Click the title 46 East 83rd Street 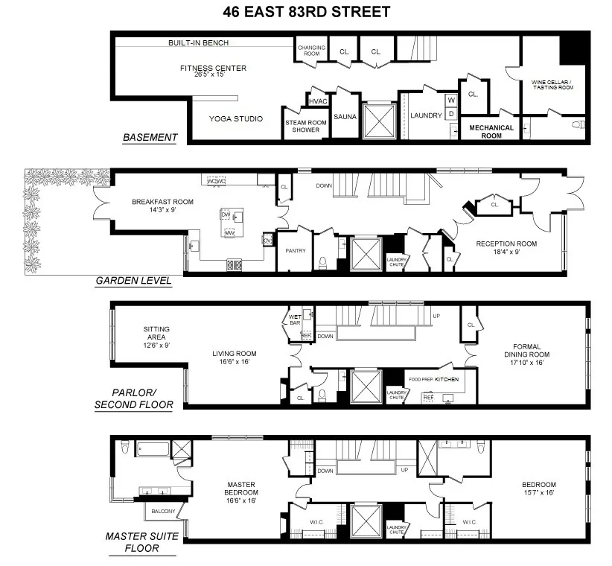click(x=306, y=12)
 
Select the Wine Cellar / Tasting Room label click(x=552, y=84)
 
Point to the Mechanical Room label click(x=491, y=132)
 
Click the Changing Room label click(x=312, y=51)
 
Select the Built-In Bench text click(x=198, y=43)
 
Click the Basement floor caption click(x=150, y=137)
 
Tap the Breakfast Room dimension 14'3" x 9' click(x=153, y=210)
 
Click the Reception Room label click(x=506, y=244)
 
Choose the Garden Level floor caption click(x=133, y=281)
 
